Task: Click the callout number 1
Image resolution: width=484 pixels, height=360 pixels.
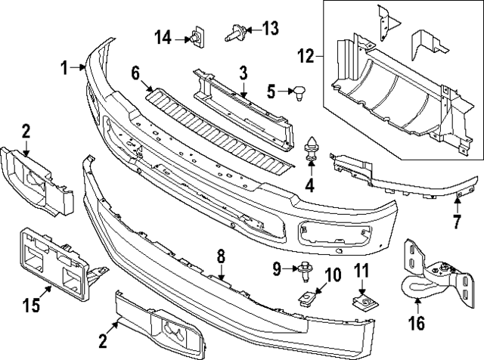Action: pyautogui.click(x=66, y=68)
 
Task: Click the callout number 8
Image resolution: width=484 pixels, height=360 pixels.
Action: pyautogui.click(x=221, y=257)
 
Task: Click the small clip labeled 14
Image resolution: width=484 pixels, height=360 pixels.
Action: pyautogui.click(x=198, y=35)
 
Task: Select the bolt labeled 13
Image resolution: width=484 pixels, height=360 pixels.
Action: pyautogui.click(x=234, y=31)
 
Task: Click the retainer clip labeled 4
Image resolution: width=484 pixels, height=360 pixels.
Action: pyautogui.click(x=311, y=147)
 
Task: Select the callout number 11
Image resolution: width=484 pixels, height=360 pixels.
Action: pyautogui.click(x=361, y=271)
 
